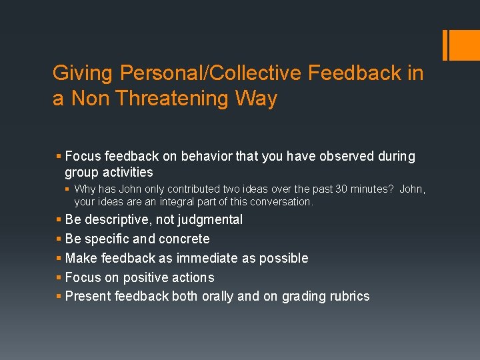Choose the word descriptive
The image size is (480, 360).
click(115, 220)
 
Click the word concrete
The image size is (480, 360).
click(184, 239)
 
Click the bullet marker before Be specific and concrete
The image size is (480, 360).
click(59, 239)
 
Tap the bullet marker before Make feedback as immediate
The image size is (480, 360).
click(59, 258)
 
